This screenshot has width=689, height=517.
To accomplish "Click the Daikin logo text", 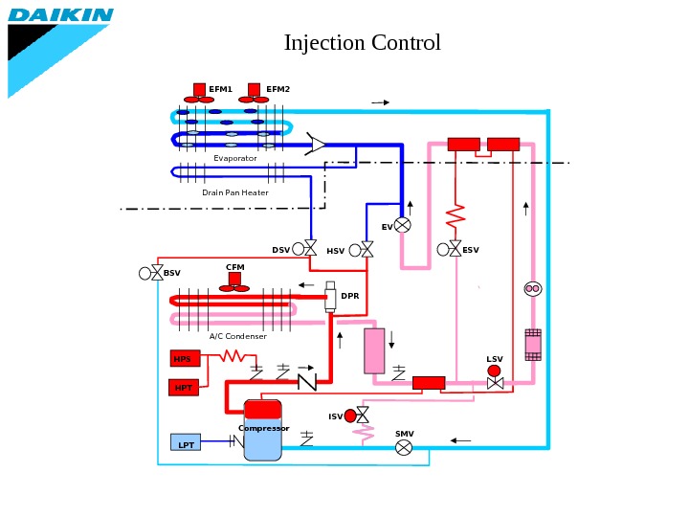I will pos(61,15).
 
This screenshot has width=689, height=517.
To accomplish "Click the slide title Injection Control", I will pos(362,43).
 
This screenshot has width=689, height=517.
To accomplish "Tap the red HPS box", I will pos(184,359).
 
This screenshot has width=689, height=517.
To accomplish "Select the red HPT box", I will pos(183,388).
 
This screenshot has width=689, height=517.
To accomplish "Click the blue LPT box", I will pos(186,443).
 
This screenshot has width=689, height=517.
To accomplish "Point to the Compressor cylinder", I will pos(262,431).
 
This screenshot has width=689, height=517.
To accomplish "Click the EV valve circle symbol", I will pos(403,225).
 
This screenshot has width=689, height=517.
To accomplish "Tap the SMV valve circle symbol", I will pos(404,447).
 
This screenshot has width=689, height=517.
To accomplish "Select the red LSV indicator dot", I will pos(494,371).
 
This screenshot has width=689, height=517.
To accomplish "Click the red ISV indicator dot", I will pos(350,416).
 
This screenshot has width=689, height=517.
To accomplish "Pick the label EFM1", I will pos(221,89).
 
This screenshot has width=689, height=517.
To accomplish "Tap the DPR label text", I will pos(350,296).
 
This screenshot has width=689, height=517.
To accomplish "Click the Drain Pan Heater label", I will pos(235,192).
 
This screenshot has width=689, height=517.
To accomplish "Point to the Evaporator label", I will pos(235,158).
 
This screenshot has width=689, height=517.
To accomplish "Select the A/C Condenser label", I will pos(238,336).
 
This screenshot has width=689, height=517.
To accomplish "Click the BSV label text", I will pos(171,273).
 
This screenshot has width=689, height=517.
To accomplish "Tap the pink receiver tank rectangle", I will pos(374,350).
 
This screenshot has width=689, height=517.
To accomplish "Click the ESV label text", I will pos(471,250).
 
